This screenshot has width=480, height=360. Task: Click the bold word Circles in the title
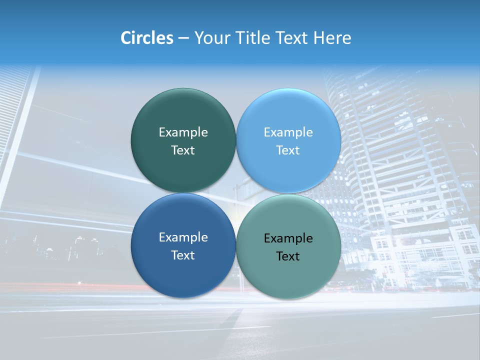pyautogui.click(x=146, y=38)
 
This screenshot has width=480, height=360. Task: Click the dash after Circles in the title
pyautogui.click(x=183, y=38)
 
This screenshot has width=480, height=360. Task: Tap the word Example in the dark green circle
pyautogui.click(x=183, y=132)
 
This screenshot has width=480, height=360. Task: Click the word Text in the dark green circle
pyautogui.click(x=183, y=150)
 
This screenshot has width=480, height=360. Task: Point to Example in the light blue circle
pyautogui.click(x=288, y=132)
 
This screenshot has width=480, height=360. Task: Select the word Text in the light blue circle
pyautogui.click(x=288, y=150)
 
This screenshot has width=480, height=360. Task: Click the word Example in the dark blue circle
pyautogui.click(x=183, y=237)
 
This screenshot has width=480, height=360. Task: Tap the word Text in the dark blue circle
pyautogui.click(x=183, y=255)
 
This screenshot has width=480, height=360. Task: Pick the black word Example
pyautogui.click(x=288, y=238)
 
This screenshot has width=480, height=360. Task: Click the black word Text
pyautogui.click(x=288, y=256)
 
